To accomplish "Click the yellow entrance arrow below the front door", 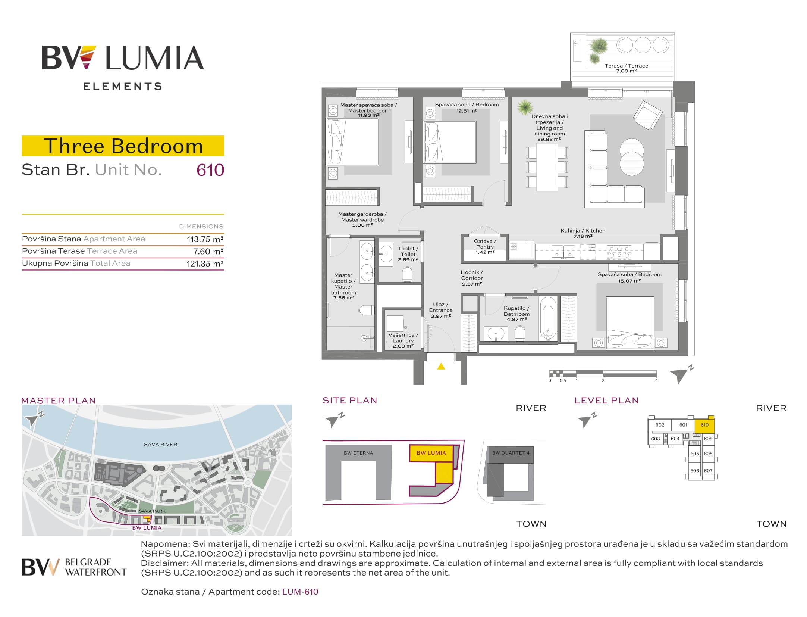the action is click(441, 366).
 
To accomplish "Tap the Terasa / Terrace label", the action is click(627, 66).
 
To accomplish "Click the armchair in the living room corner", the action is click(648, 115).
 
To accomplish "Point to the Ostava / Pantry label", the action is click(485, 244).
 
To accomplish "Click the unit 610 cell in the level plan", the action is click(704, 425).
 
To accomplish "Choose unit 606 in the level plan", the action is click(694, 471).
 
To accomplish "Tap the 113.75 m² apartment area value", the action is click(205, 239).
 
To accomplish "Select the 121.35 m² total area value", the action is click(205, 264).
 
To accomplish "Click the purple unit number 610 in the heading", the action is click(210, 170).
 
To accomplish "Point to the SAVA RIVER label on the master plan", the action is click(160, 444).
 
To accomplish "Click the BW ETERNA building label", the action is click(358, 453).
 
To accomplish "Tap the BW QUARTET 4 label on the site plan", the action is click(511, 453).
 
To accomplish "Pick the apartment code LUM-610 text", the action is click(300, 592).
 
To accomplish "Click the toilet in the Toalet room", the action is click(407, 274).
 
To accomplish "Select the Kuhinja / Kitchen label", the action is click(583, 231).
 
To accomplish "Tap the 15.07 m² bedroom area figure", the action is click(629, 281).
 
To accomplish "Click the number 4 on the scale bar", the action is click(656, 381).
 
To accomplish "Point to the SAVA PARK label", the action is click(152, 511).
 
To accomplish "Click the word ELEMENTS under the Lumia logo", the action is click(123, 87).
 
